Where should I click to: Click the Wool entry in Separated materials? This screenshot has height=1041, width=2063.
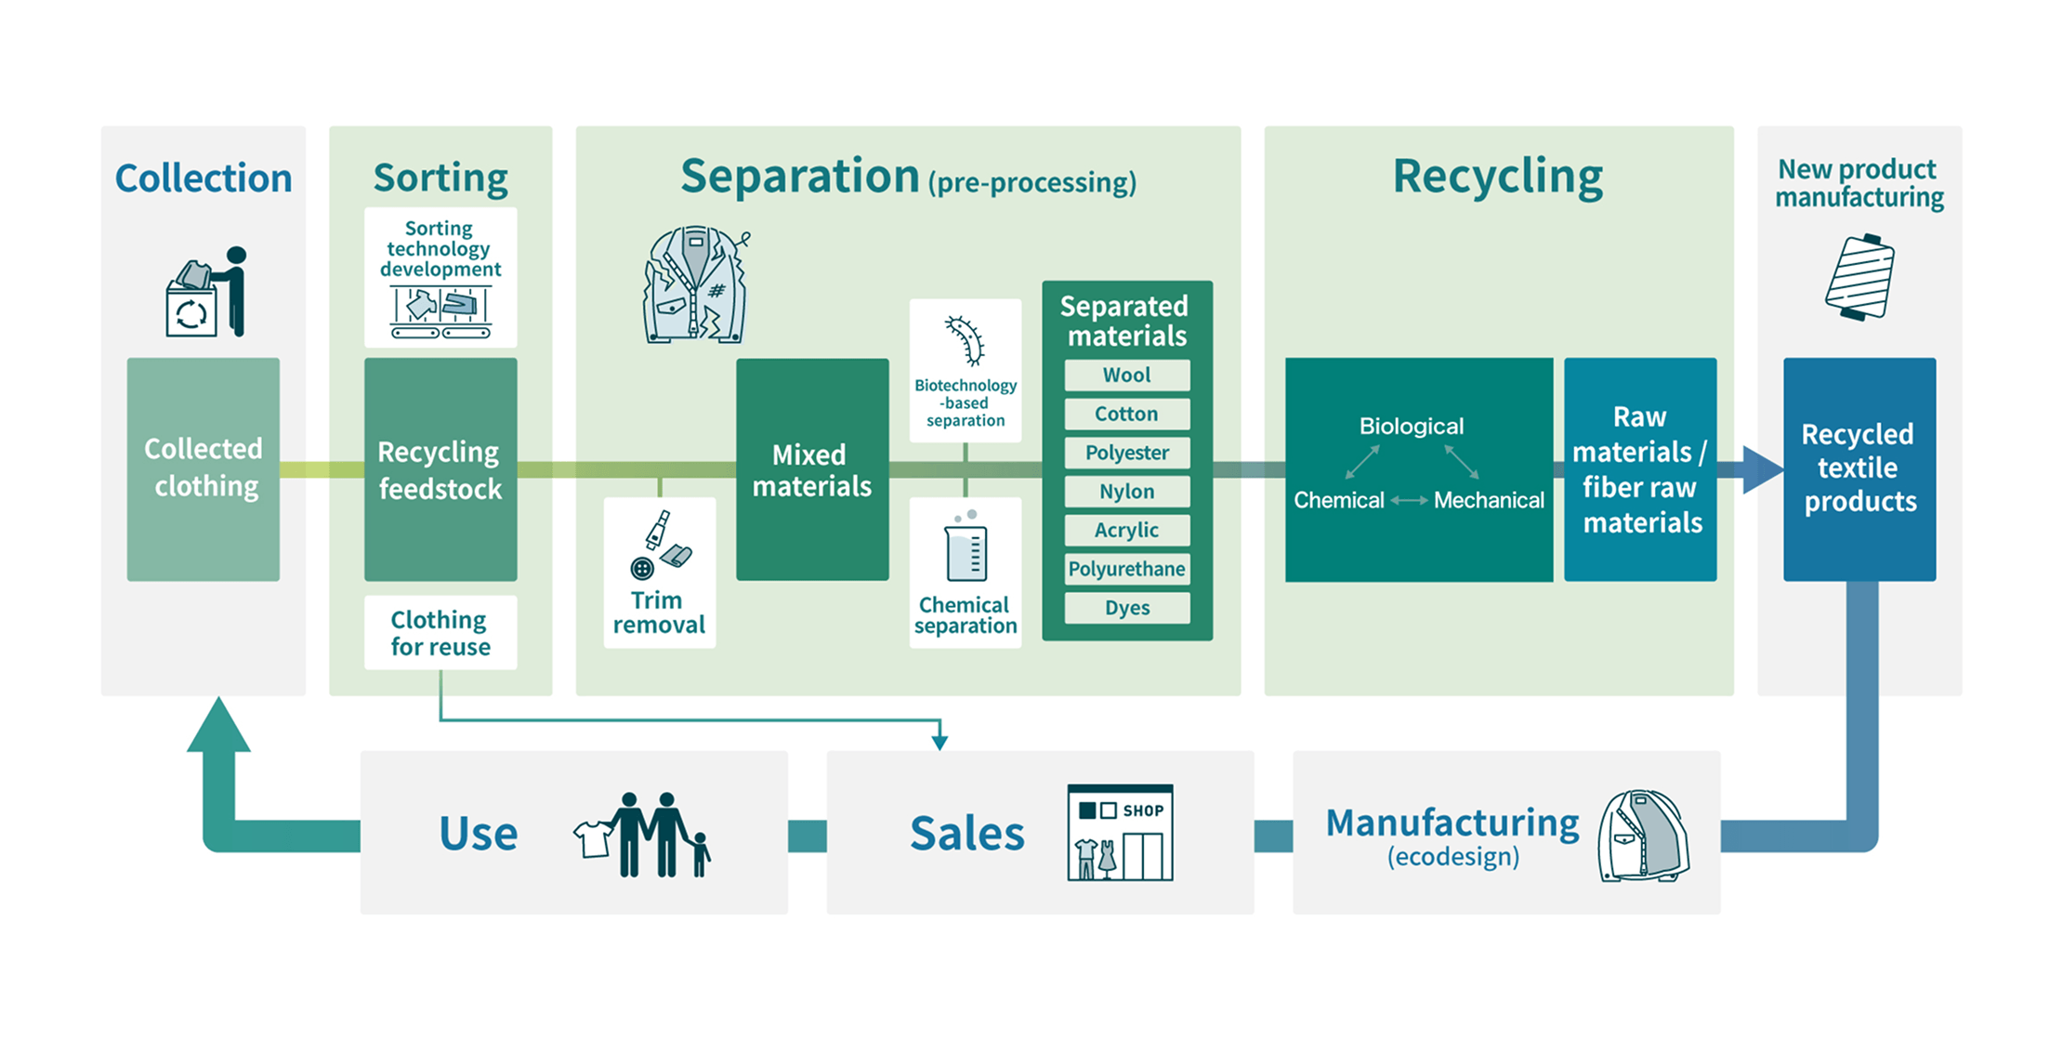pyautogui.click(x=1126, y=376)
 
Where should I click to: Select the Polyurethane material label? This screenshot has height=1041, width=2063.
pyautogui.click(x=1126, y=569)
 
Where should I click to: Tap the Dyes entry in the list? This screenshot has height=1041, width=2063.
pyautogui.click(x=1126, y=608)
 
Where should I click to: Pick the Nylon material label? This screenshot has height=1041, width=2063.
pyautogui.click(x=1126, y=492)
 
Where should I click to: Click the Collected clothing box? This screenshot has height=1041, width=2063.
pyautogui.click(x=204, y=469)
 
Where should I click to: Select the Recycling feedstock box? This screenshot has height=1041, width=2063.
pyautogui.click(x=440, y=469)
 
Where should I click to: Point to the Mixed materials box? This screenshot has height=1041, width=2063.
pyautogui.click(x=812, y=469)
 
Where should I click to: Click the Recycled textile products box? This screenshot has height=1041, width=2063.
pyautogui.click(x=1859, y=469)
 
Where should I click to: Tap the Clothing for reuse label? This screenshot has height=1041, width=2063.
pyautogui.click(x=440, y=633)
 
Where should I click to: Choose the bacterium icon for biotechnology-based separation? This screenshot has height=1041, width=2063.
pyautogui.click(x=966, y=340)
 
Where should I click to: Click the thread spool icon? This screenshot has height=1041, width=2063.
pyautogui.click(x=1859, y=277)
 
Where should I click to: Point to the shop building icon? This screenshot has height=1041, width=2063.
pyautogui.click(x=1120, y=832)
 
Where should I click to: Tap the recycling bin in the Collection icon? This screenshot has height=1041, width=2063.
pyautogui.click(x=191, y=310)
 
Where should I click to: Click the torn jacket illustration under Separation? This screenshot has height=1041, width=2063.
pyautogui.click(x=696, y=284)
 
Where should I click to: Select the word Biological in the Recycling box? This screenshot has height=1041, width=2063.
pyautogui.click(x=1411, y=427)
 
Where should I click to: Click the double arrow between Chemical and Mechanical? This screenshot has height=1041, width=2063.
pyautogui.click(x=1409, y=501)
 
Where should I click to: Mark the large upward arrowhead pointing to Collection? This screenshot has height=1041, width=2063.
pyautogui.click(x=218, y=725)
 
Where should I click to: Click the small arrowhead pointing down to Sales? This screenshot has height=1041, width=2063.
pyautogui.click(x=940, y=741)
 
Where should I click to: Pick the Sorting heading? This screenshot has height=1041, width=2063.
pyautogui.click(x=440, y=178)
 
